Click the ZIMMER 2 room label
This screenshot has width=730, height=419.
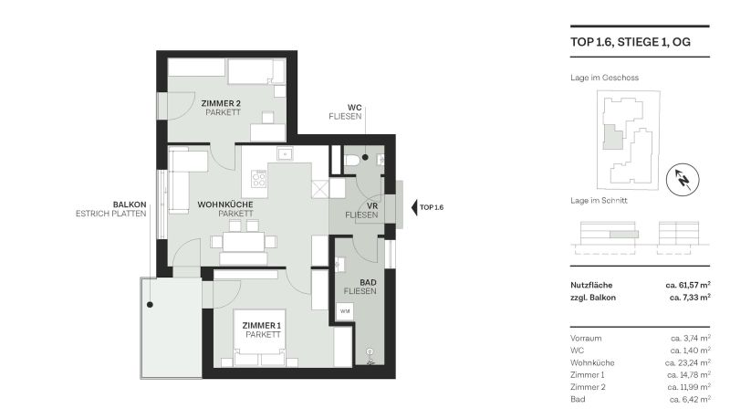(x=220, y=104)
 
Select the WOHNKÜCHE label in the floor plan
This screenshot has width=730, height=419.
(x=224, y=204)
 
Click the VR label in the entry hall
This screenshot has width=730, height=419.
(x=348, y=205)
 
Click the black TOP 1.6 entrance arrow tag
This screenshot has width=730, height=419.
(x=428, y=207)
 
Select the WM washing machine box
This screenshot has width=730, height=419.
(x=345, y=312)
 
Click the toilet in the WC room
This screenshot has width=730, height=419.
(x=352, y=160)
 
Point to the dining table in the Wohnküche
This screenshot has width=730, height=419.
(x=241, y=242)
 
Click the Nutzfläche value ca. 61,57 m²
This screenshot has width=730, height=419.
(x=687, y=286)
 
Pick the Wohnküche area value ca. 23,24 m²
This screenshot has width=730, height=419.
(x=688, y=362)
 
